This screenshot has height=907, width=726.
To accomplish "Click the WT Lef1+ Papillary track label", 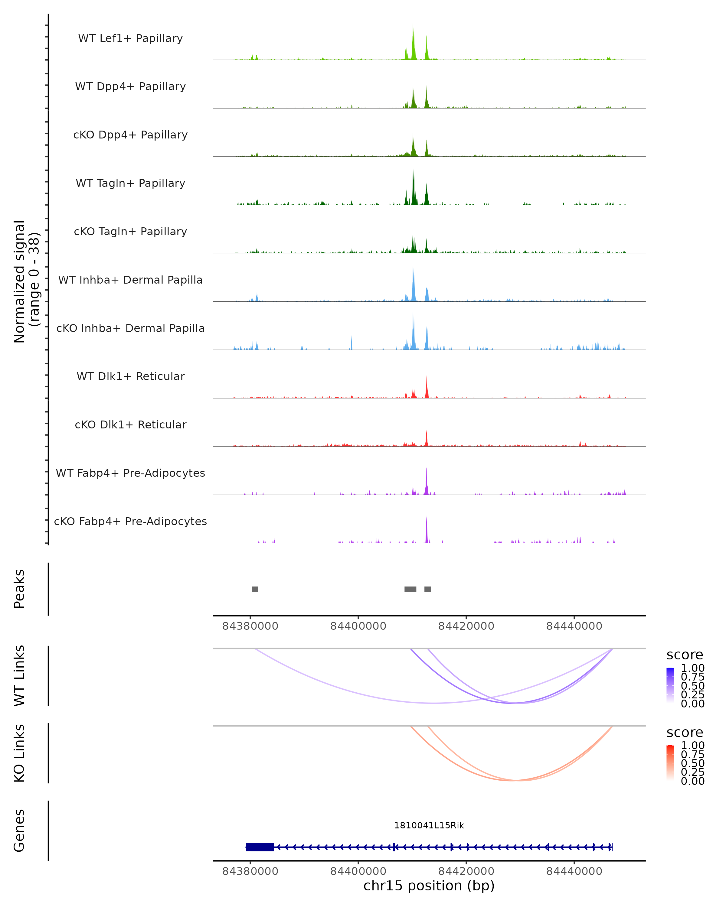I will click(x=130, y=38).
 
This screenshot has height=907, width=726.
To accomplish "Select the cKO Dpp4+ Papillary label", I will click(x=130, y=135).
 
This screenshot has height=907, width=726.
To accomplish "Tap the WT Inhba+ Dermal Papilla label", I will click(x=130, y=280).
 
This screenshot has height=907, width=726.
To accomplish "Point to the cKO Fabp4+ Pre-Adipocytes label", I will click(x=130, y=522).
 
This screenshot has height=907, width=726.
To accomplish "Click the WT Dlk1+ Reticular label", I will click(x=130, y=376).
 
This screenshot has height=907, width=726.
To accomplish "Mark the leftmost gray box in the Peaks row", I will click(x=255, y=589).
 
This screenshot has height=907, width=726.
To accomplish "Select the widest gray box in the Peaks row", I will click(x=410, y=589).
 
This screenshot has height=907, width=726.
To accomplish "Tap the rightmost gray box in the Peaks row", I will click(x=428, y=589).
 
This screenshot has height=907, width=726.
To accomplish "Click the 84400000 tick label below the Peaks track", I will click(x=358, y=626).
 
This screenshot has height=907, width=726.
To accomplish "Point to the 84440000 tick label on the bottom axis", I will click(x=574, y=871).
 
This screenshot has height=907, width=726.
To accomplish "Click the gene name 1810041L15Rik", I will click(x=429, y=825).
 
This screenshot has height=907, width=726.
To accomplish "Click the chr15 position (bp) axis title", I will click(x=429, y=886).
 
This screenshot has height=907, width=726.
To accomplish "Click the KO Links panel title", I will click(x=19, y=753).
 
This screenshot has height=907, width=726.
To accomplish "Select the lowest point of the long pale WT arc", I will click(x=433, y=703).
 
